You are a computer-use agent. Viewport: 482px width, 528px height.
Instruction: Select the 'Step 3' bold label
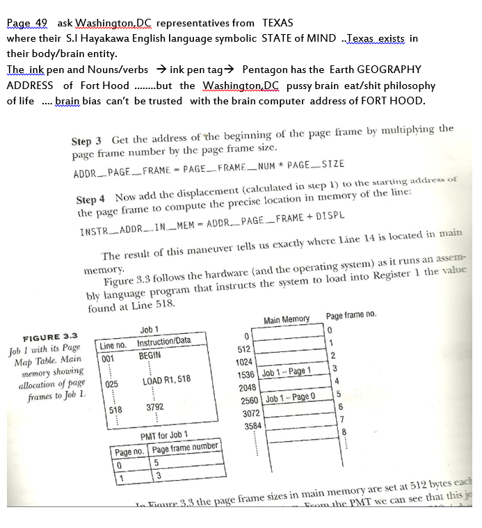[88, 140]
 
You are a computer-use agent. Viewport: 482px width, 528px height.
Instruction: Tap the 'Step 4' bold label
[90, 199]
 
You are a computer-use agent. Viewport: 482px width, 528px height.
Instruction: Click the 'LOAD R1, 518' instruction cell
[166, 380]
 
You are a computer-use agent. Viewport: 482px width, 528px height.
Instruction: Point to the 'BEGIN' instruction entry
[150, 355]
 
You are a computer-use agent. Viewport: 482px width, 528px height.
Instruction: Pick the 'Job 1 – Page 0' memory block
[287, 398]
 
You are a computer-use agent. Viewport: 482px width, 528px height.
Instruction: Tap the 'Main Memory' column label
[287, 319]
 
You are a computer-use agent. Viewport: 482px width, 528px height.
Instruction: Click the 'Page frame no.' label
[351, 315]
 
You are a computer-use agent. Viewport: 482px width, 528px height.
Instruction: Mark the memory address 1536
[247, 374]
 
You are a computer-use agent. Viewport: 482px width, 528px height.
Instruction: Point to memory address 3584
[252, 425]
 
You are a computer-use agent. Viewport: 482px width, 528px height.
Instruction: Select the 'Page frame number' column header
[184, 447]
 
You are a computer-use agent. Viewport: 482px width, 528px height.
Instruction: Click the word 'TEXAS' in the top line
[277, 23]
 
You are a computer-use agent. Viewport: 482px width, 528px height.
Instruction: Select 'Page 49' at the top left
[24, 23]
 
